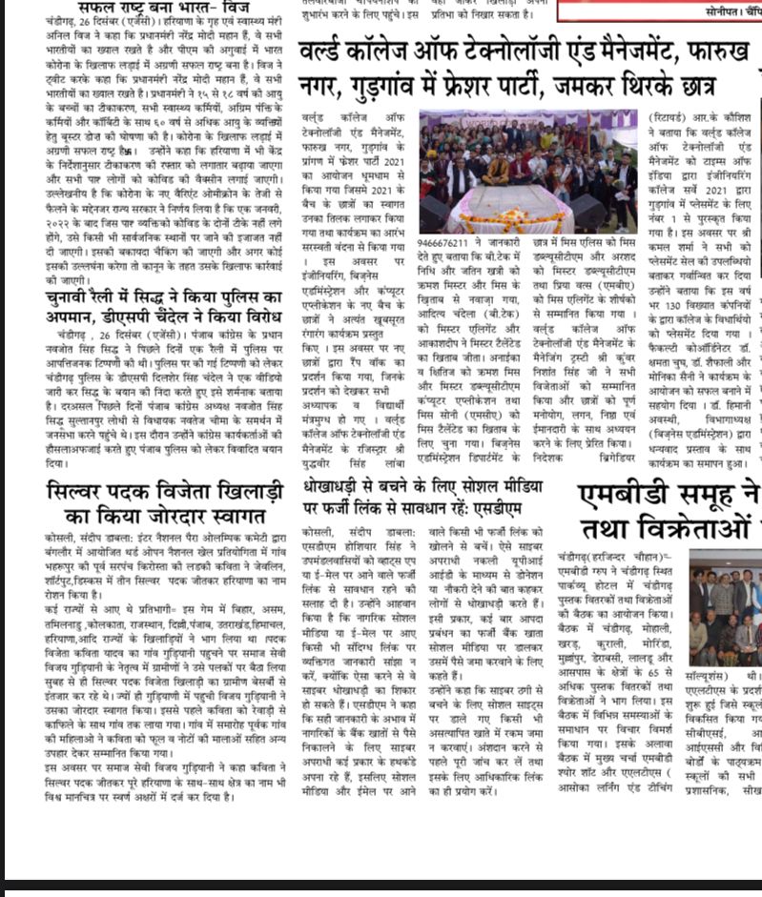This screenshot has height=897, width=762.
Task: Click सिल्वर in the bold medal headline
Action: coord(92,493)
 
